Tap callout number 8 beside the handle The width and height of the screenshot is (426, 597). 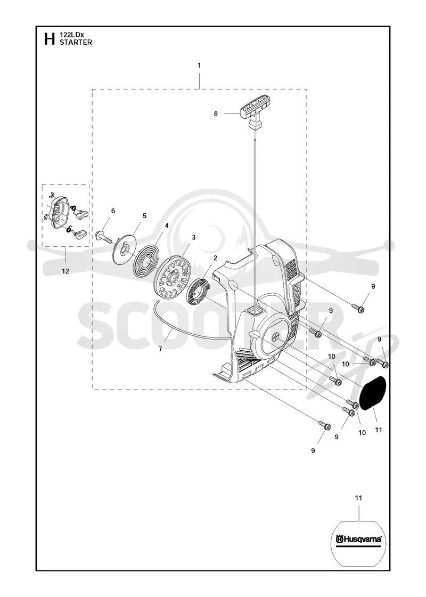(216, 114)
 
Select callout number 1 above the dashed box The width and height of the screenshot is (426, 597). (199, 66)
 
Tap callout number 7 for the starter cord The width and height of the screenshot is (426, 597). (160, 349)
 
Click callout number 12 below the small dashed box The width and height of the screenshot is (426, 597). (65, 271)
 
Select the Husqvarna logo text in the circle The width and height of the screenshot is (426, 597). (359, 539)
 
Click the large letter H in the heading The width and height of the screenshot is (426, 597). (50, 39)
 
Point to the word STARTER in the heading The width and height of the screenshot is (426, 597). (76, 42)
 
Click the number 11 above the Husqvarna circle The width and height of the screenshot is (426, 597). (358, 498)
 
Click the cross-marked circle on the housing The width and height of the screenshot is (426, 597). (275, 337)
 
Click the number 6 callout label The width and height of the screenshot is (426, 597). (113, 211)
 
